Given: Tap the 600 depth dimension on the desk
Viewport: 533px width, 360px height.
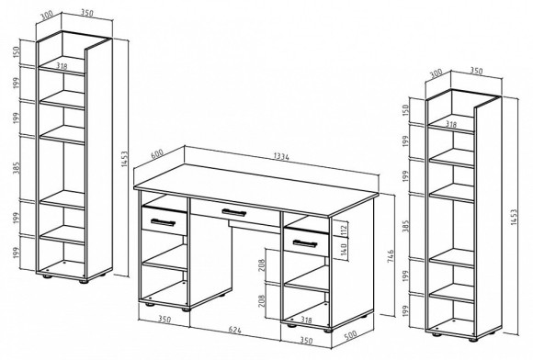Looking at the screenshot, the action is click(157, 153).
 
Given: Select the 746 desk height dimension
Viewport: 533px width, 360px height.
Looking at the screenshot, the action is click(391, 256).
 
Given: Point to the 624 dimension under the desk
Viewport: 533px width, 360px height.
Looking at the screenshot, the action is click(234, 330).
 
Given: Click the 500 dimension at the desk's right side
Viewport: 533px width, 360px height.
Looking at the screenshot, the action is click(350, 335).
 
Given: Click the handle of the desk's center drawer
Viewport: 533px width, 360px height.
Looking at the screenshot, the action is click(233, 213).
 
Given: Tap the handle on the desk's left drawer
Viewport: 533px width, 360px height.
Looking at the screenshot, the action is click(163, 222).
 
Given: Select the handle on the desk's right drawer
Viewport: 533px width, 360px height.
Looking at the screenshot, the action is click(305, 243).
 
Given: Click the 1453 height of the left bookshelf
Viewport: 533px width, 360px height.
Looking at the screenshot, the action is click(124, 159).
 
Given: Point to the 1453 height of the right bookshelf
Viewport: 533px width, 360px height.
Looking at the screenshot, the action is click(514, 217).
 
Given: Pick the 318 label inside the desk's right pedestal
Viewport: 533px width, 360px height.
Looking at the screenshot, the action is click(306, 320).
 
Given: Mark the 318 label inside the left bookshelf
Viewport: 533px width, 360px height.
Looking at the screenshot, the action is click(62, 66).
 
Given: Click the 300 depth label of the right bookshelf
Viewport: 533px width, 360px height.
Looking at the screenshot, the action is click(437, 73).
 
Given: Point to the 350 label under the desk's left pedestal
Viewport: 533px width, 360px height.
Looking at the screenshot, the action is click(164, 320).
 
